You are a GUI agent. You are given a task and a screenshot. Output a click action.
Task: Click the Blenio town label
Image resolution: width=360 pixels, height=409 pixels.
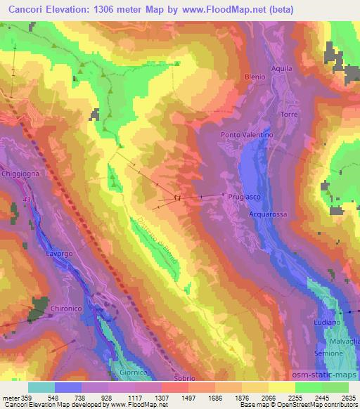tap(255, 77)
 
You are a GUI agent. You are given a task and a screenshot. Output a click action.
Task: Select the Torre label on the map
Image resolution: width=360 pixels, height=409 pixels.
tap(290, 114)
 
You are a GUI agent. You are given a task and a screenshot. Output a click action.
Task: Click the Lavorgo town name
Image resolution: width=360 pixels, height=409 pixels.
tap(59, 252)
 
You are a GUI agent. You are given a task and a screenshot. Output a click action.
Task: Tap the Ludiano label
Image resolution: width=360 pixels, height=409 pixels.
tap(328, 322)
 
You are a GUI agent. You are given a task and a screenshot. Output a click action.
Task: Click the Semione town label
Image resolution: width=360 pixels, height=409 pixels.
tap(329, 353)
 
